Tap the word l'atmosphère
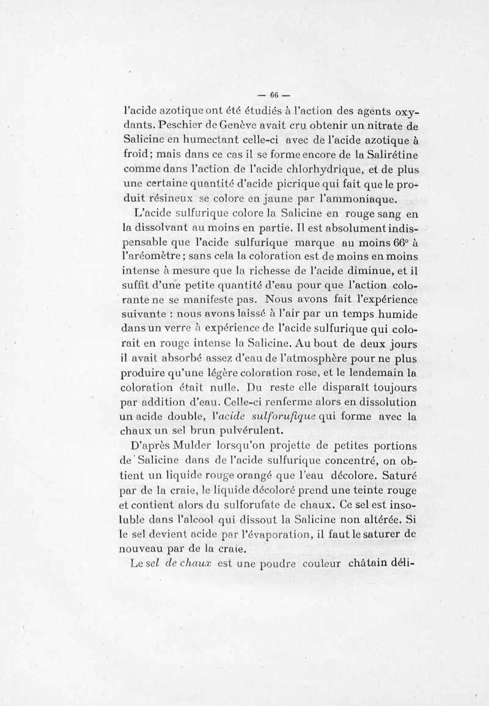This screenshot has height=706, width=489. click(x=292, y=358)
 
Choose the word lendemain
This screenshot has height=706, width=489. click(x=373, y=373)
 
